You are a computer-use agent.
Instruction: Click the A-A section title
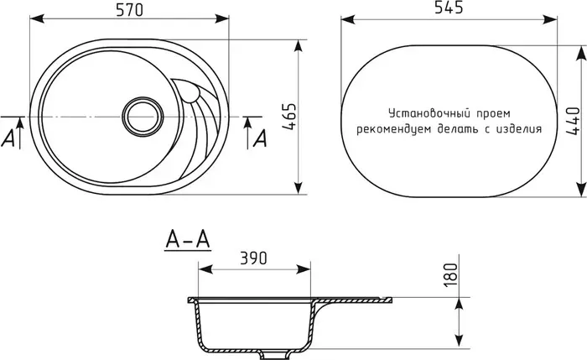pos(186,242)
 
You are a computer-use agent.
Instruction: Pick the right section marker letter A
pos(260,138)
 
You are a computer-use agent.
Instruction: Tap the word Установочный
pos(427,113)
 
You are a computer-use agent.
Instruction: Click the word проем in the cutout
pos(492,113)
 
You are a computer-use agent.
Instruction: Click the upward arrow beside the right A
pos(247,126)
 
